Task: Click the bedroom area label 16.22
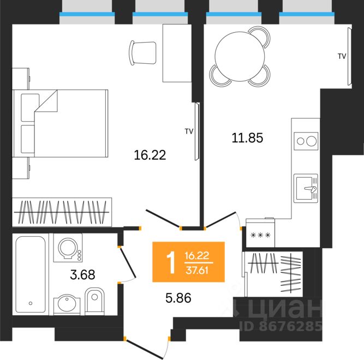click(150, 155)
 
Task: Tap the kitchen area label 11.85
click(247, 137)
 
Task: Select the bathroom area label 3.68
click(82, 275)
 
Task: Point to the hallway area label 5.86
click(178, 298)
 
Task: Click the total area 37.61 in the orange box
click(197, 271)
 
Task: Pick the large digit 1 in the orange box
click(171, 263)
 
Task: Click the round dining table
click(240, 56)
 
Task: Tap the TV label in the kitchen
click(342, 56)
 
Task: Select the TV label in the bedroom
click(189, 131)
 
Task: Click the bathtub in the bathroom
click(31, 274)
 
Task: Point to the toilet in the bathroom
click(94, 301)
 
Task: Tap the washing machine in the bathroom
click(68, 248)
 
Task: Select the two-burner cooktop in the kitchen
click(306, 141)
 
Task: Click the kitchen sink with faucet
click(306, 188)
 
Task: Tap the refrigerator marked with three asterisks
click(260, 233)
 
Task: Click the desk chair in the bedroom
click(142, 53)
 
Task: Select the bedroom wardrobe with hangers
click(62, 212)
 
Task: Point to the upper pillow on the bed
click(30, 107)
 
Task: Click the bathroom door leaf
click(128, 262)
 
